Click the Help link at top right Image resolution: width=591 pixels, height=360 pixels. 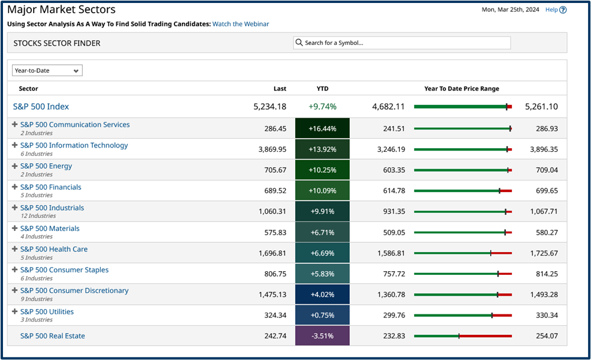[x=555, y=10]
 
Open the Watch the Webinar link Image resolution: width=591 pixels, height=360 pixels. [x=241, y=24]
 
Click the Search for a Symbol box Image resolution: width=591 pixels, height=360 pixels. [x=402, y=43]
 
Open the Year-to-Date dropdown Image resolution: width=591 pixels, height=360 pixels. [x=47, y=71]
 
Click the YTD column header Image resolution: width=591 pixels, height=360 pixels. [x=322, y=88]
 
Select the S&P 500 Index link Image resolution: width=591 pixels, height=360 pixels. [x=41, y=107]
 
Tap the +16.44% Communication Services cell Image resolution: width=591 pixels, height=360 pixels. [x=322, y=128]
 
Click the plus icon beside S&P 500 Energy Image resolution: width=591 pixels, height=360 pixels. [x=15, y=166]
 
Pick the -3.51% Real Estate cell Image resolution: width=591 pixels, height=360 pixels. [x=322, y=336]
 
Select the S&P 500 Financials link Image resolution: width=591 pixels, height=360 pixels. [x=50, y=187]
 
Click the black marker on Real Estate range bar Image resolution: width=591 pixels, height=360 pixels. [x=459, y=336]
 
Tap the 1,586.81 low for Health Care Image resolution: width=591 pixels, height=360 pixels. [x=388, y=253]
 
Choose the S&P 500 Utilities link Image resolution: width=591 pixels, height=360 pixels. [x=47, y=311]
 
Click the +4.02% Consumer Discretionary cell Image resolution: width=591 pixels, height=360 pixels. [x=322, y=295]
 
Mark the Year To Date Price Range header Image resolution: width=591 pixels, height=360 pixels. [x=461, y=88]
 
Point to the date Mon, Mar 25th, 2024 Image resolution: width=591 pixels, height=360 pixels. [x=511, y=10]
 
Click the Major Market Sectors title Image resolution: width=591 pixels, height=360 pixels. [x=61, y=10]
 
